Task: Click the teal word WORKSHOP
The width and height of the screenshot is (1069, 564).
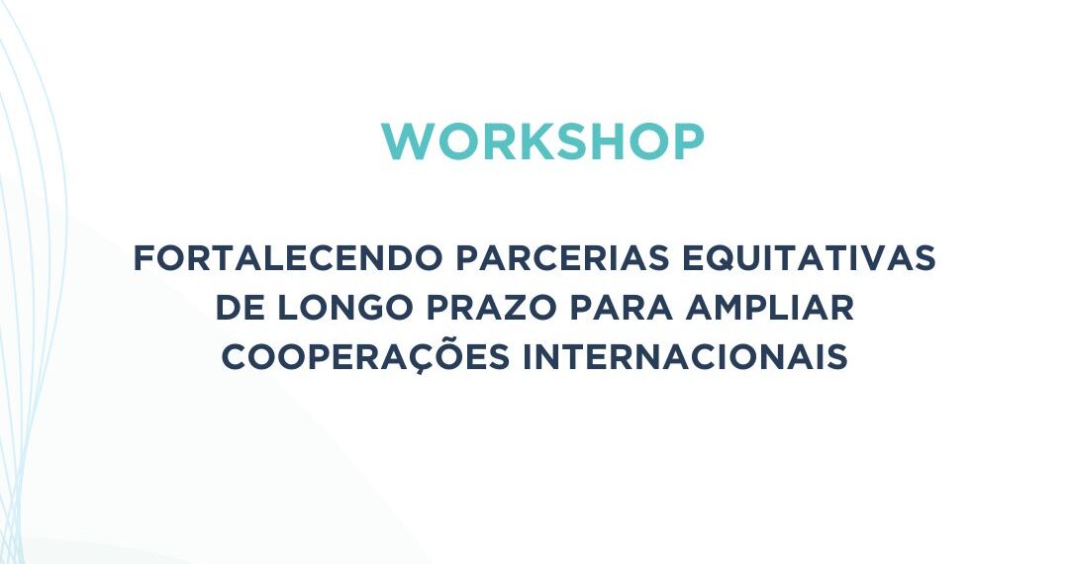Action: [542, 143]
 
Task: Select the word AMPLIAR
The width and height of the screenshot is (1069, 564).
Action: [769, 308]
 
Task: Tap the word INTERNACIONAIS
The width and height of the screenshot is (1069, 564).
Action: [685, 357]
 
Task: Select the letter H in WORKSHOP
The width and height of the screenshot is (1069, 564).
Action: [609, 143]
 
